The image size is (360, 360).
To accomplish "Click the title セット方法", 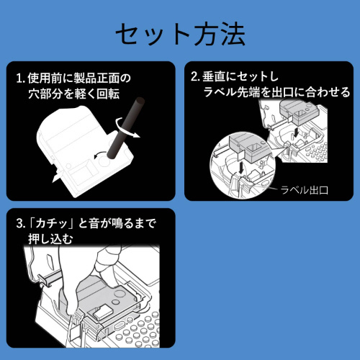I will (180, 34).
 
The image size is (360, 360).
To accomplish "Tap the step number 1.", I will (19, 77).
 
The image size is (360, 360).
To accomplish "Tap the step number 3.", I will (19, 223).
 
